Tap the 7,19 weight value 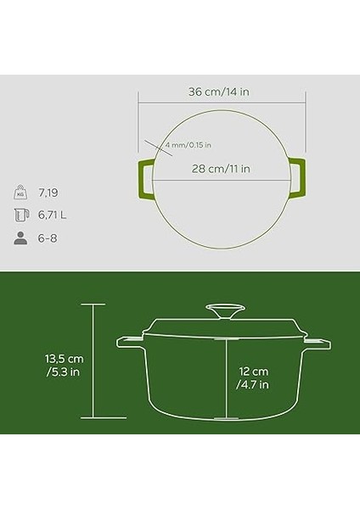(x=49, y=192)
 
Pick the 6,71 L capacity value (x=53, y=215)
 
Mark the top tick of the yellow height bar (x=94, y=304)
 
